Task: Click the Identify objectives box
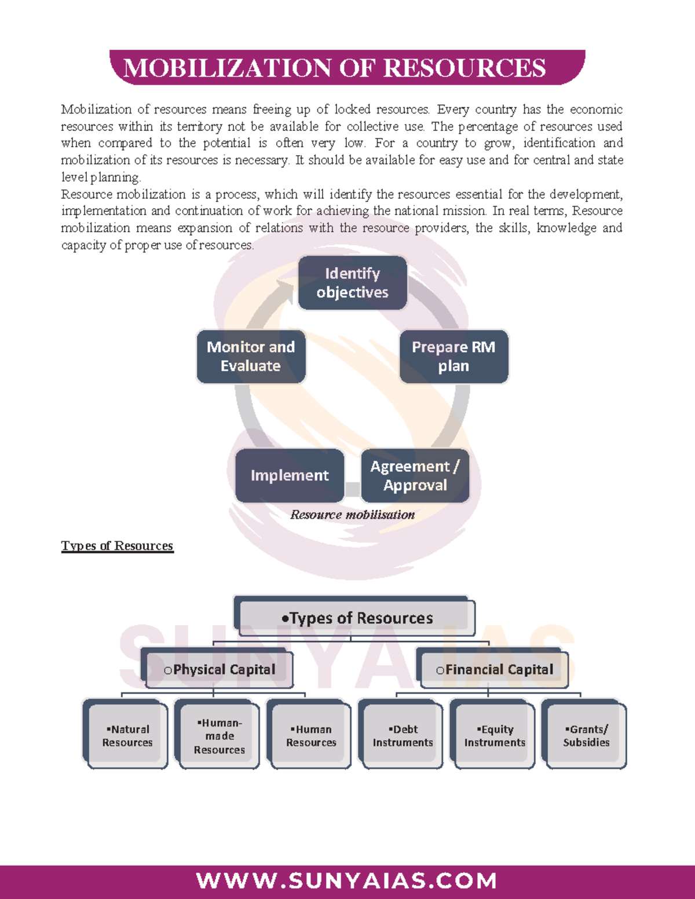[352, 283]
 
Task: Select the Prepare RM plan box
[453, 357]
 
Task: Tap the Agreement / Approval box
[415, 476]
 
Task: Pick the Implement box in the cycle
[290, 476]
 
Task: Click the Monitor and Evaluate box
[251, 357]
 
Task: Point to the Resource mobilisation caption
[352, 515]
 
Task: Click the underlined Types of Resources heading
[117, 546]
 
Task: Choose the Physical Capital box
[219, 670]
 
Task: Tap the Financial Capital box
[494, 670]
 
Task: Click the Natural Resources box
[127, 736]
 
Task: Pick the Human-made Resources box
[219, 736]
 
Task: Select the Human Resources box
[311, 736]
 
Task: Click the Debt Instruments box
[403, 736]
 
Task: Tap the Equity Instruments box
[495, 736]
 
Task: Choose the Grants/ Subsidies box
[586, 736]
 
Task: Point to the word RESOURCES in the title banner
[464, 68]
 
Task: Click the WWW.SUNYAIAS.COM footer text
[347, 881]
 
